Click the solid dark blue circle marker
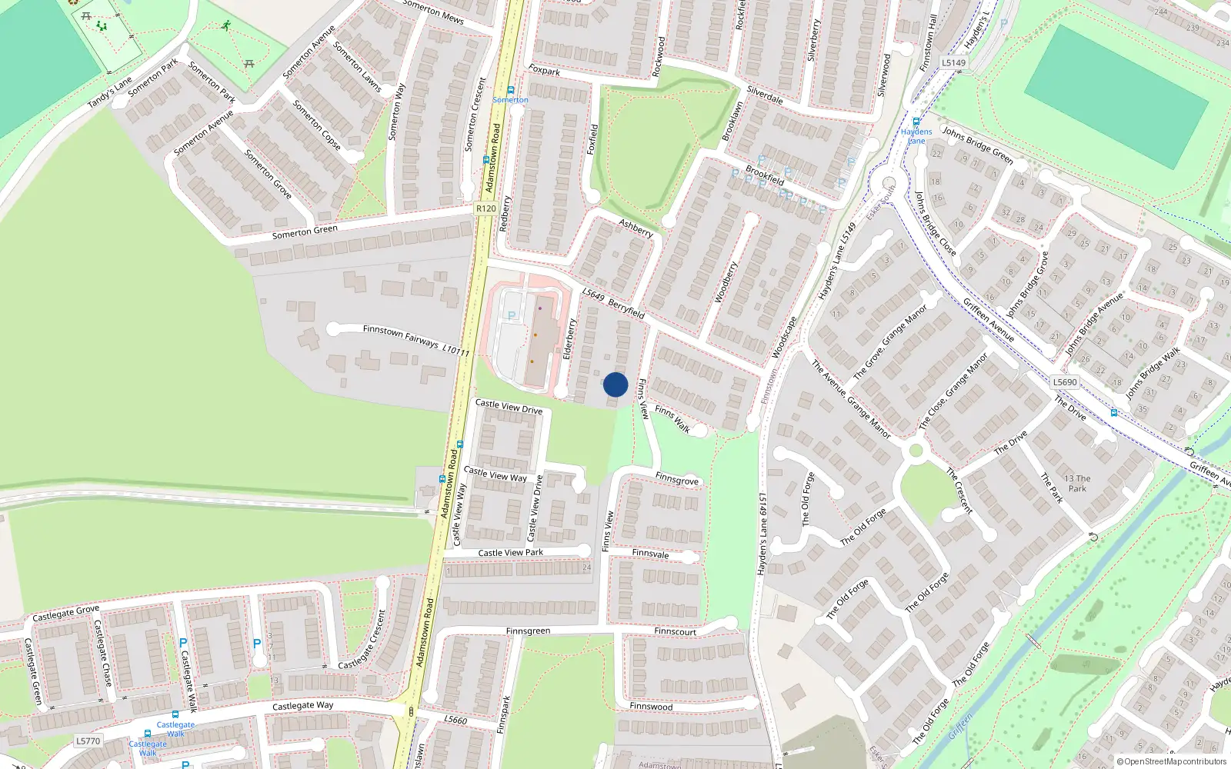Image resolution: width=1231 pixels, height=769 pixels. point(615,384)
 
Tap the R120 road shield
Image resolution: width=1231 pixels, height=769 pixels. point(485,208)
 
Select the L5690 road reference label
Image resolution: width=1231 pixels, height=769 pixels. point(1065,382)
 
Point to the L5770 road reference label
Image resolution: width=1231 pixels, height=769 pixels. point(88,741)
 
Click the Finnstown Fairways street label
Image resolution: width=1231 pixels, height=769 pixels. point(400,335)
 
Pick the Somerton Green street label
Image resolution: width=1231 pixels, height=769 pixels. point(305,231)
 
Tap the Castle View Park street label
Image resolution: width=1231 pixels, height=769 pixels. point(510,552)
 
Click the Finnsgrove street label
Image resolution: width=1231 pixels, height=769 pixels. point(677,479)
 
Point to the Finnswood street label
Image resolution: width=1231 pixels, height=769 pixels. point(651,706)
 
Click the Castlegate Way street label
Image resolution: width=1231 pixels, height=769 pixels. point(302,705)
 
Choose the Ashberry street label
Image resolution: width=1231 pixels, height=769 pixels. point(636,228)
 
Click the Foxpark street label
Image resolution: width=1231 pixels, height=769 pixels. point(544,71)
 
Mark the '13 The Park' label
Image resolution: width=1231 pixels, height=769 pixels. point(1077,483)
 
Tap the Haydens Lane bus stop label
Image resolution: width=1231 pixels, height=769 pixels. point(916,136)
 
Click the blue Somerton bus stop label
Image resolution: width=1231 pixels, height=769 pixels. point(510,100)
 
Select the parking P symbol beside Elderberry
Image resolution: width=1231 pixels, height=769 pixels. point(511,315)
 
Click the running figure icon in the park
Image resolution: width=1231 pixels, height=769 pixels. point(225,25)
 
